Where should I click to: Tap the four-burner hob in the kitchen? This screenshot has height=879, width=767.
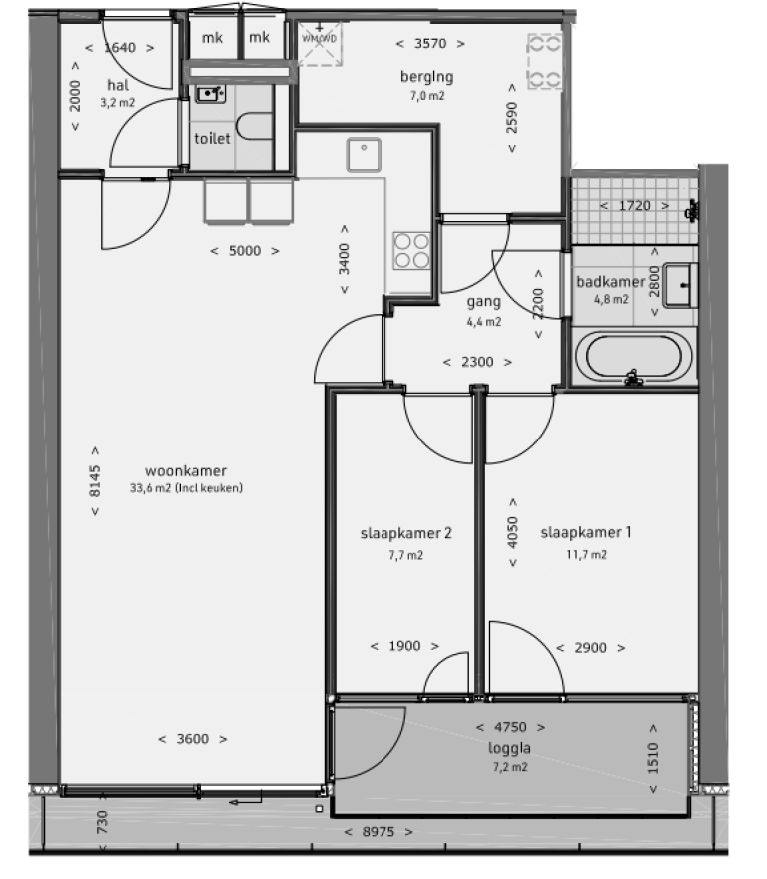pyautogui.click(x=412, y=250)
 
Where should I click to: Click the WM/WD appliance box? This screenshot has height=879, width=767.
pyautogui.click(x=320, y=44)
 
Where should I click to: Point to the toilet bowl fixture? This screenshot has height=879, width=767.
pyautogui.click(x=258, y=128)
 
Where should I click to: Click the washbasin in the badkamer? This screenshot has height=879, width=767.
pyautogui.click(x=682, y=284)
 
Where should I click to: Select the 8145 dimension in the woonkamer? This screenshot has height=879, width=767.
pyautogui.click(x=95, y=481)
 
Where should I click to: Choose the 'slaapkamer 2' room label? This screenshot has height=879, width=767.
pyautogui.click(x=406, y=534)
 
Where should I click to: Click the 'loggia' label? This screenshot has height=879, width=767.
pyautogui.click(x=510, y=747)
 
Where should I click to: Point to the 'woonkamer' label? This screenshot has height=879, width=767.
pyautogui.click(x=186, y=471)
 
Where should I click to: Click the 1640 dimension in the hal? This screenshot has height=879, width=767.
pyautogui.click(x=118, y=47)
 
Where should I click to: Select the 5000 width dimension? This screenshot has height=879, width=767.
pyautogui.click(x=244, y=251)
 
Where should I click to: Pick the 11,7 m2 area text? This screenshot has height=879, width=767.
pyautogui.click(x=587, y=555)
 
